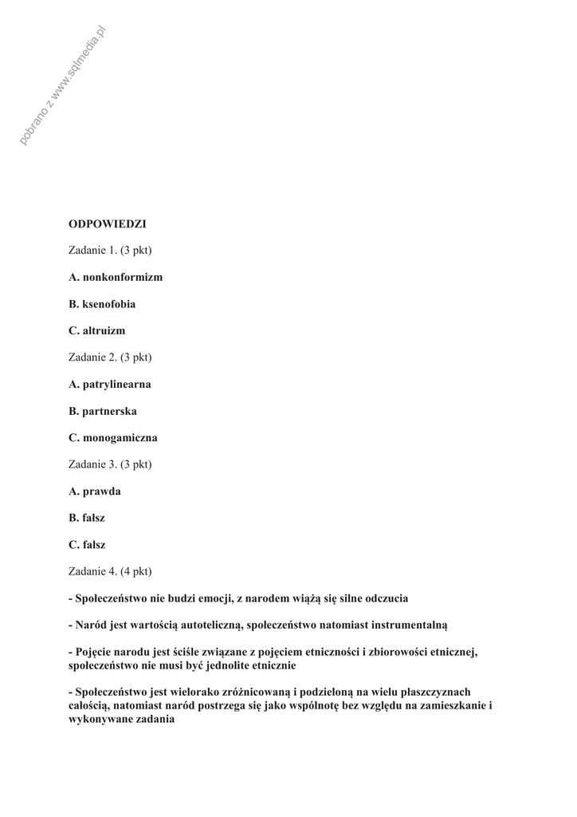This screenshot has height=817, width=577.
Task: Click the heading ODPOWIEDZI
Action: coord(108,224)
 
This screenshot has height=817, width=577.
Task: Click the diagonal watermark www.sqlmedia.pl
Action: coord(64,86)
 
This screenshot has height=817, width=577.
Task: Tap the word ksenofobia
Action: coord(108,304)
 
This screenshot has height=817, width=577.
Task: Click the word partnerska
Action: coord(109,411)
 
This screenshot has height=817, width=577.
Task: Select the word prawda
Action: coord(102,491)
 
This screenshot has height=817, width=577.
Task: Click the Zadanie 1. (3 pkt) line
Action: coord(110,251)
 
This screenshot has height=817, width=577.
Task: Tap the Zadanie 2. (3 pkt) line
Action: coord(110,357)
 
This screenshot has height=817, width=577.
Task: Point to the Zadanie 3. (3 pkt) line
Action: coord(110,464)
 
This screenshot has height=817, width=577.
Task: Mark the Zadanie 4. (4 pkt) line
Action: coord(110,571)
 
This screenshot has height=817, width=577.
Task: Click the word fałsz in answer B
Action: coord(93,518)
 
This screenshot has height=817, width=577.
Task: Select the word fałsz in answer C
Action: coord(94,545)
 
